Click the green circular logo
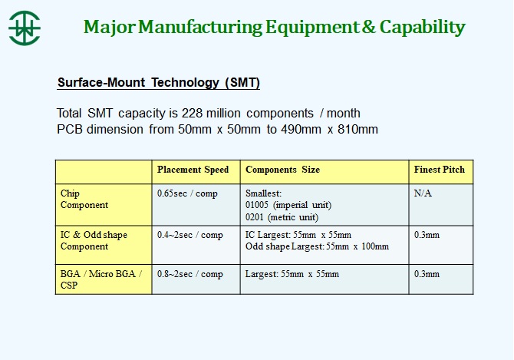point(25,28)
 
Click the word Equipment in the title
point(312,28)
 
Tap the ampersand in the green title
point(369,27)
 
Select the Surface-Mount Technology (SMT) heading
point(159,82)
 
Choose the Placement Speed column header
point(193,170)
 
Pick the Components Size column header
point(282,170)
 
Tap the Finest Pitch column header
point(440,170)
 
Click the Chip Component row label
point(84,199)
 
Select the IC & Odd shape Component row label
point(94,241)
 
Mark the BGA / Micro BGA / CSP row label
point(101,279)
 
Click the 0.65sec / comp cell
point(187,193)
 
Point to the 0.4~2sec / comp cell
point(189,235)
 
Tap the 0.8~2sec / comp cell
point(189,274)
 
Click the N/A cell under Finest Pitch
point(423,193)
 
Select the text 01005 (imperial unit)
point(288,205)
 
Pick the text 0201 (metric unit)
point(282,217)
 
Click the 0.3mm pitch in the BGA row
point(427,274)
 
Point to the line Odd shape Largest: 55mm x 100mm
point(317,246)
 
